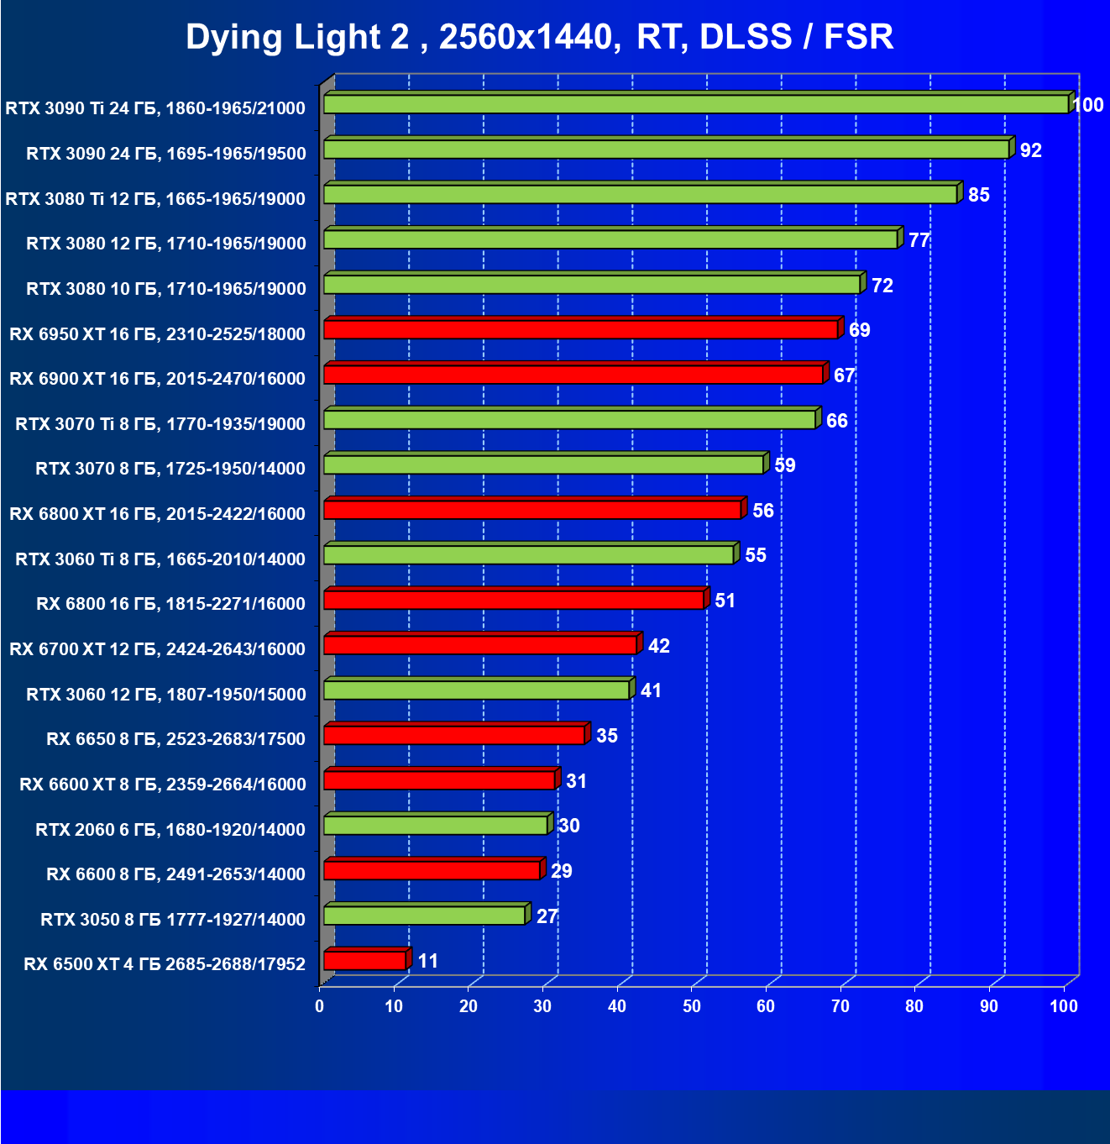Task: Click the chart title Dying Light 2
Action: click(539, 37)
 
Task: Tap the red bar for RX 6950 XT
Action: click(580, 329)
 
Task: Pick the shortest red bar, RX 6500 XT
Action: click(364, 960)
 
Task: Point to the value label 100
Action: click(1088, 105)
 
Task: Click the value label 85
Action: click(979, 195)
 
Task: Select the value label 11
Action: click(428, 961)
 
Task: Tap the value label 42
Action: click(659, 646)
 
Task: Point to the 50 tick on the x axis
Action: click(692, 1006)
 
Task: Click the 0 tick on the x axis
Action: click(320, 1006)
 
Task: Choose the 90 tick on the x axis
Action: click(989, 1006)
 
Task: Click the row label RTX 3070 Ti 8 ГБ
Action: click(160, 424)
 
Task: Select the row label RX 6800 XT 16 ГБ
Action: click(158, 514)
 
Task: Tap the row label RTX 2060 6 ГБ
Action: click(170, 830)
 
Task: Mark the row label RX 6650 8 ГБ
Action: click(176, 739)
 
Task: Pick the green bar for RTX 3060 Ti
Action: click(528, 554)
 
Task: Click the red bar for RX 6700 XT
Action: click(479, 645)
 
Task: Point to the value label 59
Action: click(785, 465)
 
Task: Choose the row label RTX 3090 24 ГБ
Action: click(166, 154)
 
